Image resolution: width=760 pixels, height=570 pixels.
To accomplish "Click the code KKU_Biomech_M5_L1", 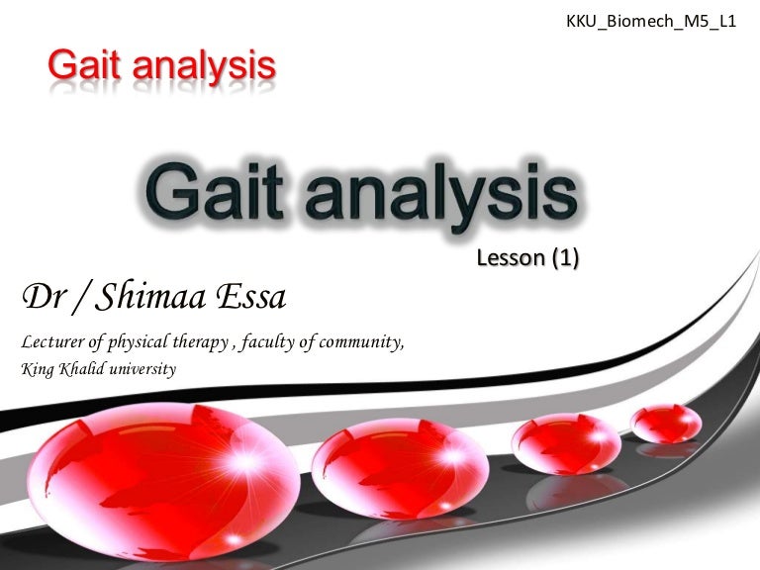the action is [651, 22].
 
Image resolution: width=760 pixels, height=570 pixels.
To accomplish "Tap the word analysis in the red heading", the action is [204, 67].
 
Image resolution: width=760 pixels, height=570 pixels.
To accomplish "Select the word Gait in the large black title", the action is [214, 191].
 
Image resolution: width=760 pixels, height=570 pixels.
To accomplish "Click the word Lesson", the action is [511, 258].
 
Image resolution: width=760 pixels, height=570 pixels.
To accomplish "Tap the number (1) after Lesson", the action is [566, 258].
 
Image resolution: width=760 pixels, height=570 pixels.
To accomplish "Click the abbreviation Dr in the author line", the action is [44, 296].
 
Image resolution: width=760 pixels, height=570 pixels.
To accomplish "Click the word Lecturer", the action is [52, 341].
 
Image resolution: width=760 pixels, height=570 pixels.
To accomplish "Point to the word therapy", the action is [201, 342].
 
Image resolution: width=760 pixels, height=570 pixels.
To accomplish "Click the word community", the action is [361, 342].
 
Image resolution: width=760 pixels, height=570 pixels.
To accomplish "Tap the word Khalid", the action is [82, 369].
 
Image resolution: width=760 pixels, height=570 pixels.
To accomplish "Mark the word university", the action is [142, 370].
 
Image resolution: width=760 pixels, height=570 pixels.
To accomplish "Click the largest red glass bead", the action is [163, 481].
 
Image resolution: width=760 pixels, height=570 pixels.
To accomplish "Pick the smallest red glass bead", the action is [666, 425].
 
